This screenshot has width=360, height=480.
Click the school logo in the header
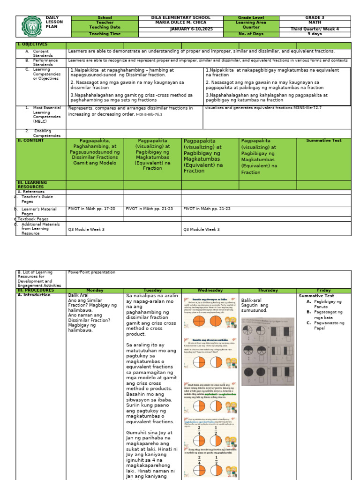[x=31, y=26]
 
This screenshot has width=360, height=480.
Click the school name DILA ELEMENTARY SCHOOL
[x=181, y=18]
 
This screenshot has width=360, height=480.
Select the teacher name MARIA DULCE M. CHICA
[x=181, y=22]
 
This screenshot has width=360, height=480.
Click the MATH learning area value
[x=315, y=22]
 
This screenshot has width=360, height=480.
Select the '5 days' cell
[x=315, y=34]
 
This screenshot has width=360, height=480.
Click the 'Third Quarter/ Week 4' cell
[x=315, y=29]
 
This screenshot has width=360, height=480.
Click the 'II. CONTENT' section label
[x=30, y=141]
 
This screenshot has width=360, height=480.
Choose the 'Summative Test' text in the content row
[x=323, y=141]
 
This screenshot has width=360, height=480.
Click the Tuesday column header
[x=152, y=291]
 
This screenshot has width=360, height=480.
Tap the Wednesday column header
[x=210, y=291]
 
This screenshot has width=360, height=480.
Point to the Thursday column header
[x=268, y=291]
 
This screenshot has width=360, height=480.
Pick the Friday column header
[x=323, y=291]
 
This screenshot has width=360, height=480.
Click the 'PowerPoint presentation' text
[x=91, y=272]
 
